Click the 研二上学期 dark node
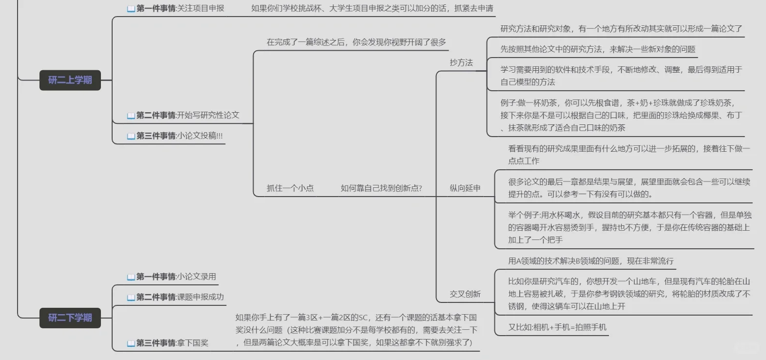70,80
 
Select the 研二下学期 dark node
70,318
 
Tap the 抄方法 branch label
461,62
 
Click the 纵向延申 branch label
465,188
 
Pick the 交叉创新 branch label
465,294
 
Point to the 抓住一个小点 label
290,188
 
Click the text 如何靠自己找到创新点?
381,188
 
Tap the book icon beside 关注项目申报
131,9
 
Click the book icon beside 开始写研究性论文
131,116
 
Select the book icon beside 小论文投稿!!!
131,136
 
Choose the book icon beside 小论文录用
131,277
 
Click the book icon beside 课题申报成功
131,298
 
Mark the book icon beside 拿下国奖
131,343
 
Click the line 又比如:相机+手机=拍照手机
557,327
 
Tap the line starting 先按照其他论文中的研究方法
598,49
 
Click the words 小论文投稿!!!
200,136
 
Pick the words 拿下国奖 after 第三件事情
193,343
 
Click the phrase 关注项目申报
201,8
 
